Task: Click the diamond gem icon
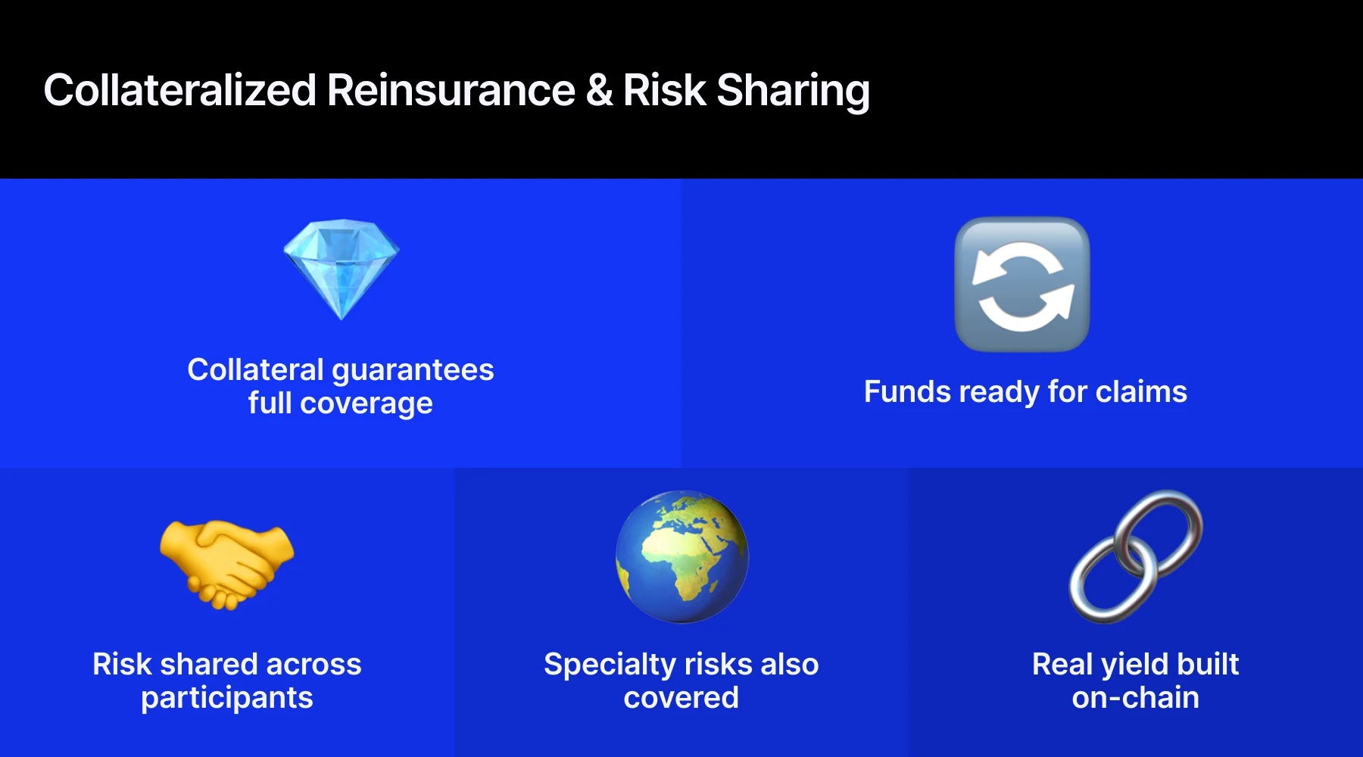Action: [341, 269]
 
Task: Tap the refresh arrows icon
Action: [1022, 285]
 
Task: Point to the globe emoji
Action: [681, 557]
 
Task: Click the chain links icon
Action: [1135, 556]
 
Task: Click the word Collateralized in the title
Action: [179, 90]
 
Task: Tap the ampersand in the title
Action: [599, 90]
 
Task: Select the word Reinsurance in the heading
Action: [451, 90]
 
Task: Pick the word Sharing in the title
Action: [793, 92]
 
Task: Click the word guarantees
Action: [413, 371]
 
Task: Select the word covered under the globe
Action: [681, 697]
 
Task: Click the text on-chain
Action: [1135, 697]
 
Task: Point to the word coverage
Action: [366, 403]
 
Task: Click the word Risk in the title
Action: [664, 90]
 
